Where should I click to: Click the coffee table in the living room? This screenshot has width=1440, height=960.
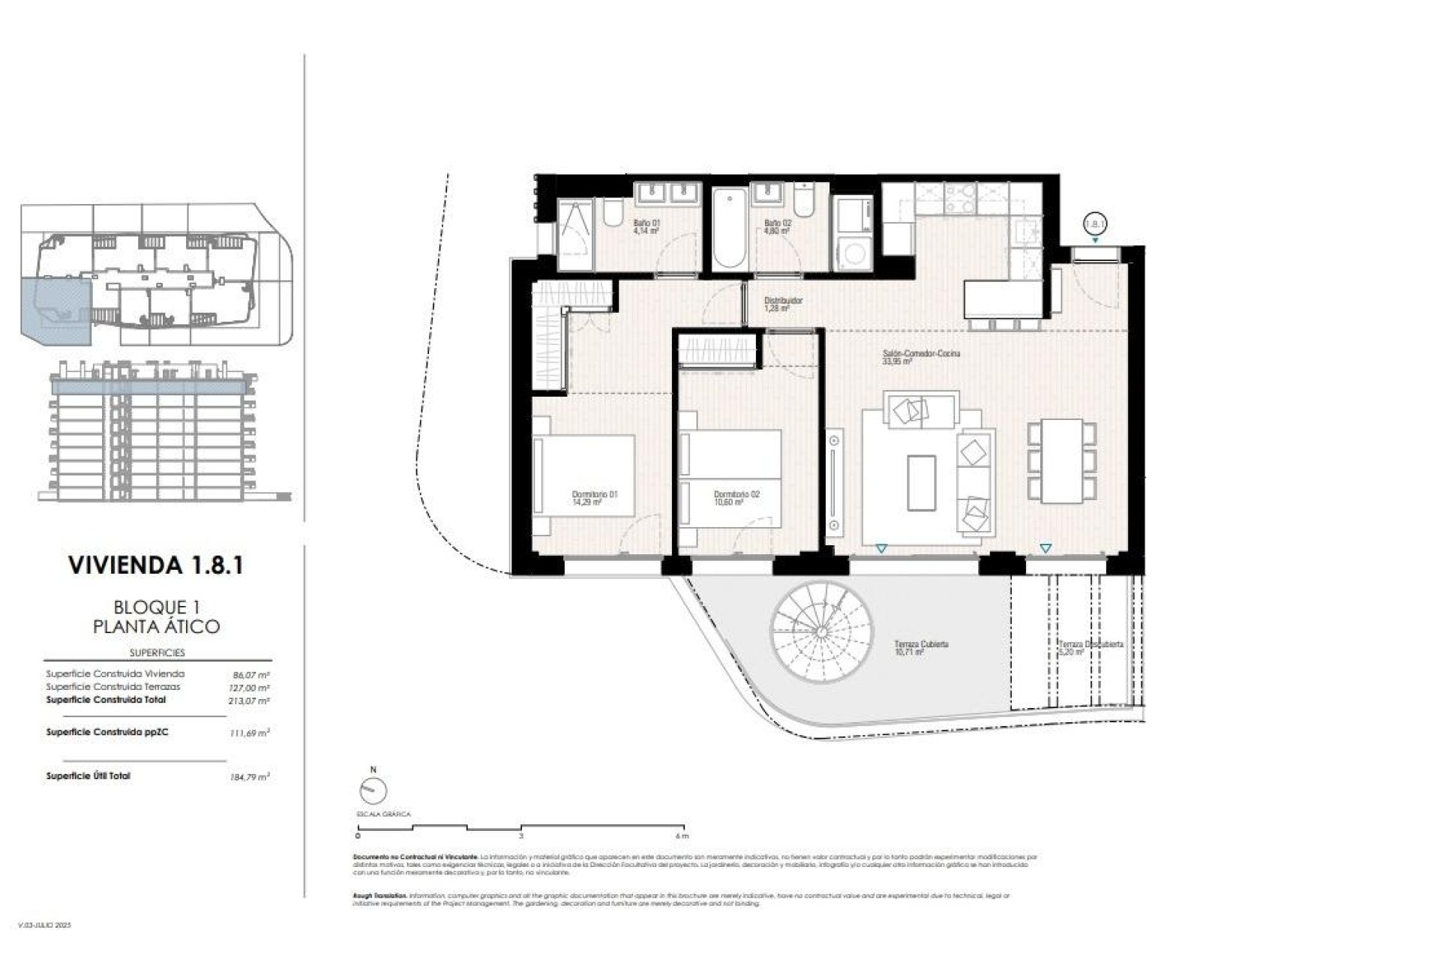click(921, 481)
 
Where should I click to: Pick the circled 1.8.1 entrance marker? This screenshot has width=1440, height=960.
click(1096, 223)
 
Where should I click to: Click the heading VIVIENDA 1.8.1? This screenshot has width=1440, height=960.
click(156, 565)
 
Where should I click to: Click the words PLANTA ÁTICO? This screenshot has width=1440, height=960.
click(156, 626)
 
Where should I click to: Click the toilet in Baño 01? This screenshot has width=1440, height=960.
click(611, 214)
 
